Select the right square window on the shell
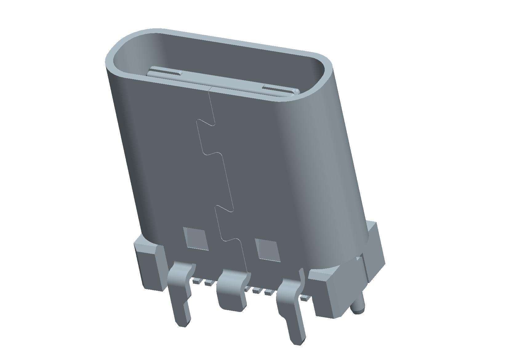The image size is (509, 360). tap(268, 250)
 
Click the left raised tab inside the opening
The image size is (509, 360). tap(165, 73)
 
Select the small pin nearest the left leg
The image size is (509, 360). tap(196, 281)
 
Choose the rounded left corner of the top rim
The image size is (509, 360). tap(115, 49)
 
